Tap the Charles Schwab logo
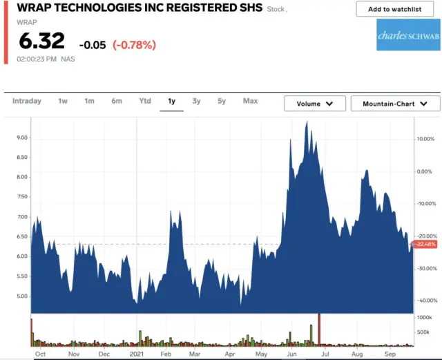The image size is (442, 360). (407, 35)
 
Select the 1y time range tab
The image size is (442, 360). (171, 102)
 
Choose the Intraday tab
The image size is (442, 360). (27, 101)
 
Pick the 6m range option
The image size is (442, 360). (117, 101)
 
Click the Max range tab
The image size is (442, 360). (250, 101)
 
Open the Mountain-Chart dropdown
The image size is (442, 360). (395, 104)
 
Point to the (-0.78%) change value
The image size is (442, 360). (135, 45)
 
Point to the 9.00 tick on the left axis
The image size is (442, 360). (22, 138)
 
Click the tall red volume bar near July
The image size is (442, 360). (320, 328)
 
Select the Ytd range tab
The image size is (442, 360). (145, 101)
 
